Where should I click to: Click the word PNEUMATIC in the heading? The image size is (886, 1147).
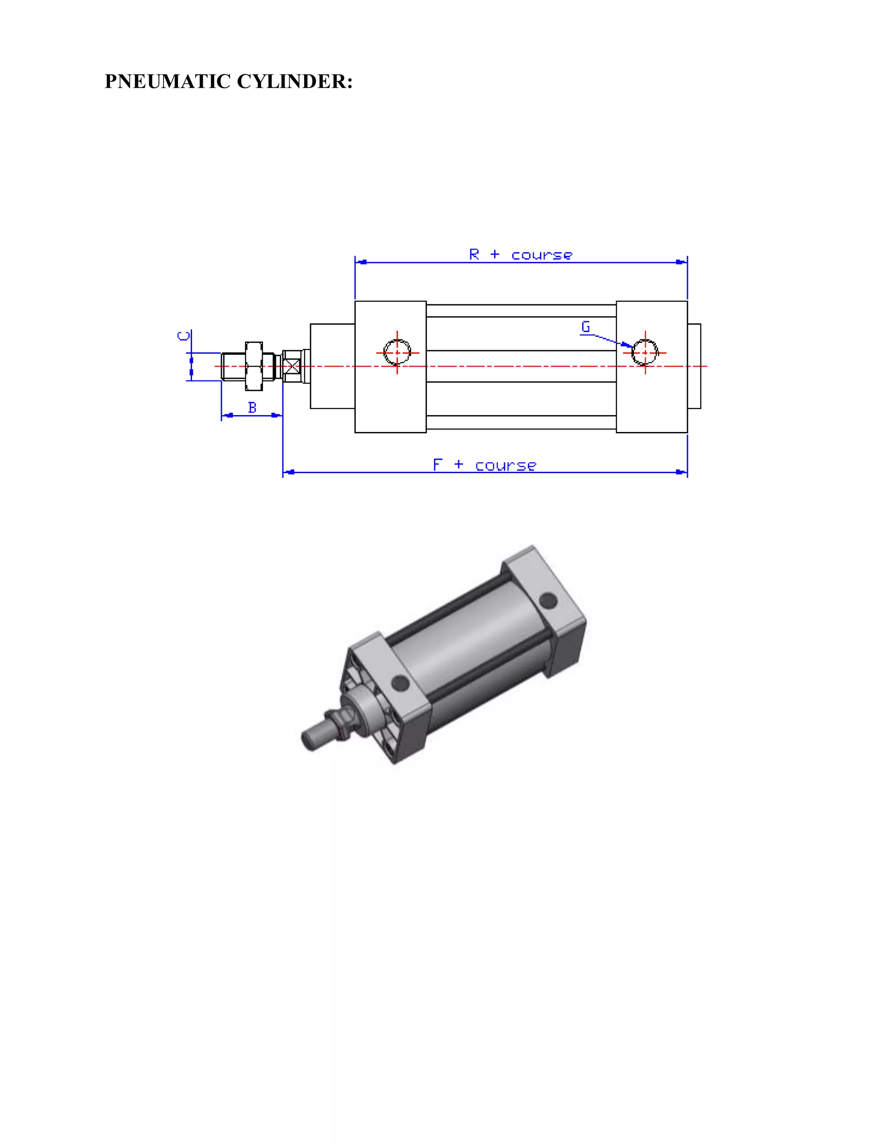167,82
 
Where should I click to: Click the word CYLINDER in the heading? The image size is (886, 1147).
294,82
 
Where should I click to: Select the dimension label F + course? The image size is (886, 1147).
484,465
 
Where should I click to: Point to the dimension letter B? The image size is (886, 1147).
252,408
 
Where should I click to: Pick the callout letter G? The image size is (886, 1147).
586,327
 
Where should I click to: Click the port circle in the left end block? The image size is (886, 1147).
397,352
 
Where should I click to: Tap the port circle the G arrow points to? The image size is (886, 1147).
645,352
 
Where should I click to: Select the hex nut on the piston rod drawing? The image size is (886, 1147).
254,366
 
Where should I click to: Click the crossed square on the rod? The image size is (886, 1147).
292,366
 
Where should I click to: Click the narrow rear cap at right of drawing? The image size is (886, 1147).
694,366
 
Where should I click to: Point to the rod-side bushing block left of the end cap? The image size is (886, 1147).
332,366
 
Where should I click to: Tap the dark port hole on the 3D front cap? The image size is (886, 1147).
400,683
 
